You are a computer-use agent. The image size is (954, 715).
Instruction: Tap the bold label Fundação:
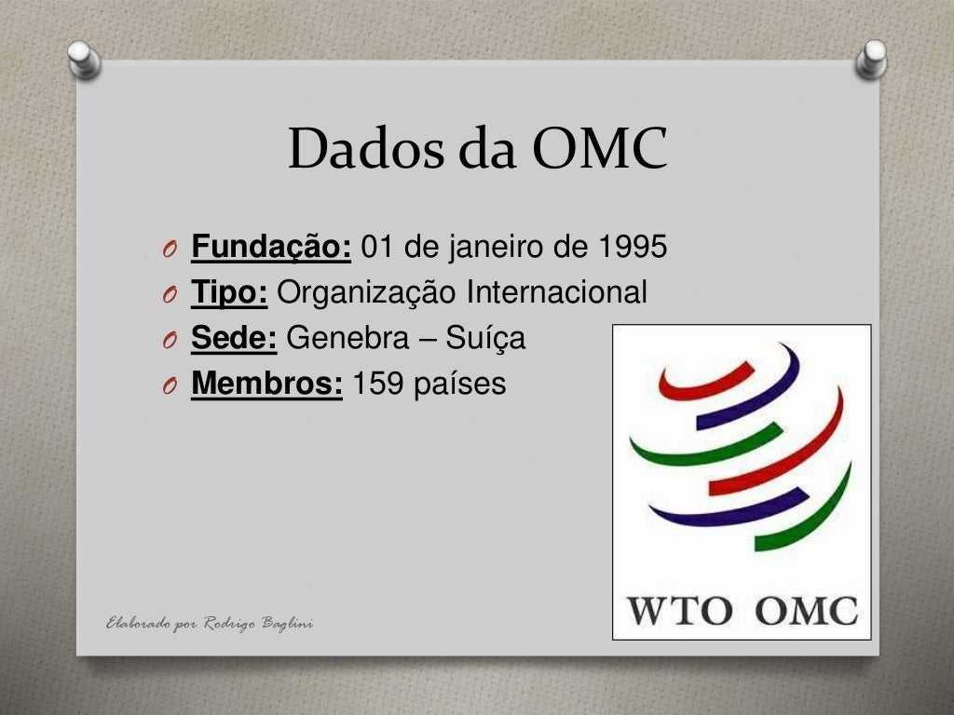(271, 248)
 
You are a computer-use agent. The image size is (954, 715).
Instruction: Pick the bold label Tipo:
(230, 293)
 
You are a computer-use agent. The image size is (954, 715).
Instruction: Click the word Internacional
(556, 293)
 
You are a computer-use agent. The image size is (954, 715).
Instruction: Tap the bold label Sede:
(234, 339)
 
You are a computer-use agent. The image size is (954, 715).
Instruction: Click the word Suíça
(485, 339)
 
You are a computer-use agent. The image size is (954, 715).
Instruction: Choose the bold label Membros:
(266, 384)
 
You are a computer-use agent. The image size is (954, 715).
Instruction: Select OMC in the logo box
(806, 612)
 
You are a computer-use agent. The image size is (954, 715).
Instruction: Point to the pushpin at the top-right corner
(872, 60)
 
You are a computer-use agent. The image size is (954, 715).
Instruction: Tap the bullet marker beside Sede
(167, 341)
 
